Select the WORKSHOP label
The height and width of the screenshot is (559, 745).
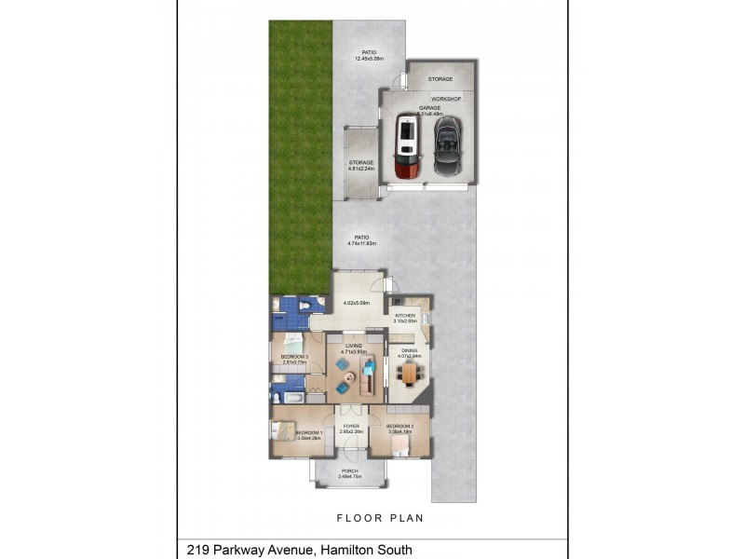446,99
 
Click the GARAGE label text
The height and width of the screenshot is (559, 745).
429,108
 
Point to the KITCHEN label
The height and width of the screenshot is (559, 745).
405,316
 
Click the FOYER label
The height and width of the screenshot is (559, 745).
351,426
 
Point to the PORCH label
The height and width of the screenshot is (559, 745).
350,470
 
